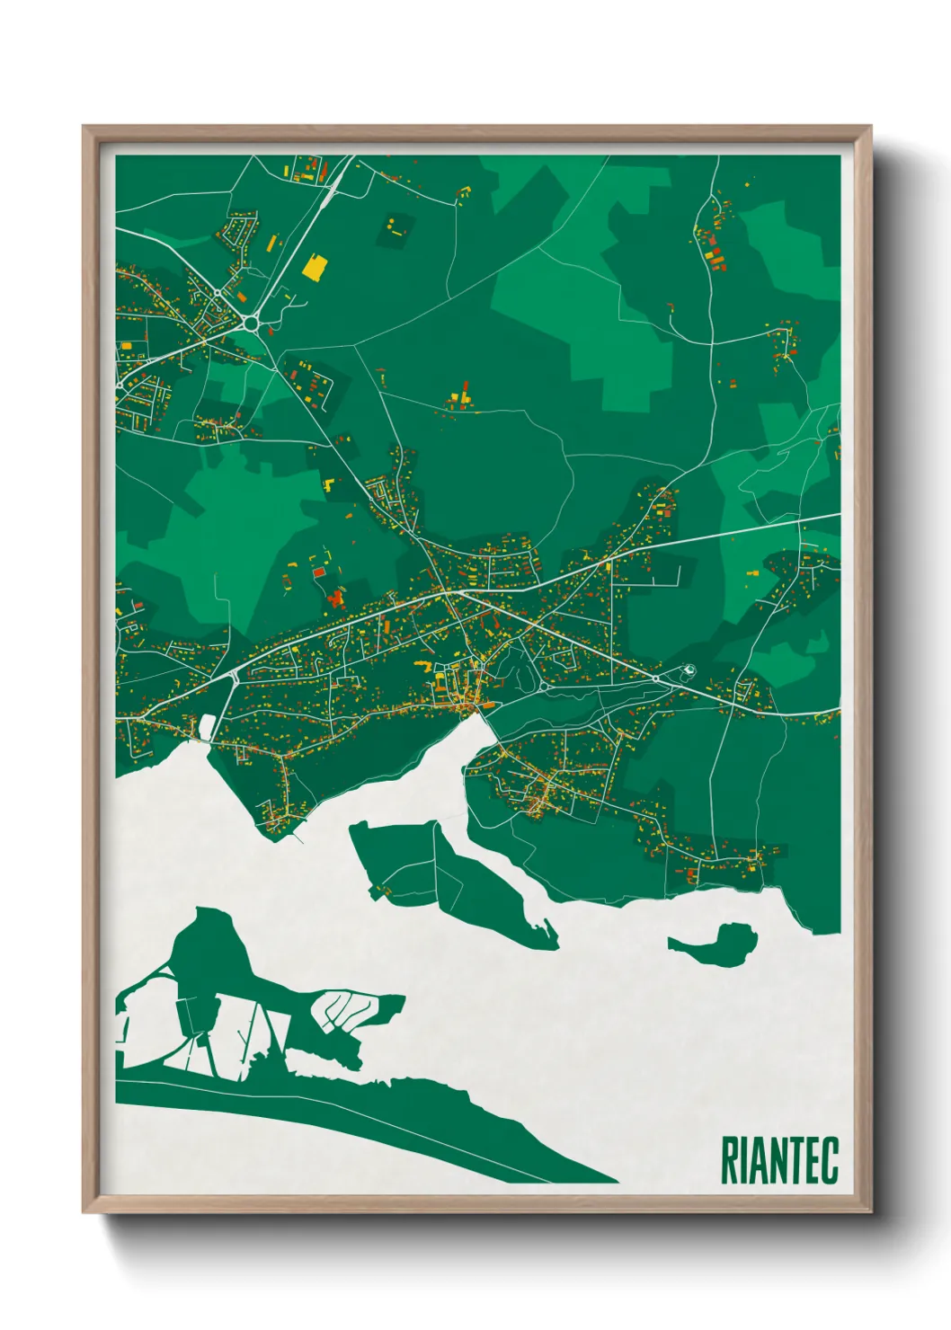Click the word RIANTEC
pyautogui.click(x=779, y=1160)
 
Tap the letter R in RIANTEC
pyautogui.click(x=729, y=1160)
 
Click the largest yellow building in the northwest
pyautogui.click(x=315, y=268)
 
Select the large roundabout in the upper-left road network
pyautogui.click(x=250, y=322)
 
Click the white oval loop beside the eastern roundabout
pyautogui.click(x=689, y=669)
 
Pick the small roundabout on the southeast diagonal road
pyautogui.click(x=655, y=678)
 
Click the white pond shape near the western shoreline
pyautogui.click(x=208, y=726)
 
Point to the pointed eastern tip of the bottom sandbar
pyautogui.click(x=615, y=1179)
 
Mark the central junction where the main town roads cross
pyautogui.click(x=447, y=591)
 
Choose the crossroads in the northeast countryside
pyautogui.click(x=711, y=342)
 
